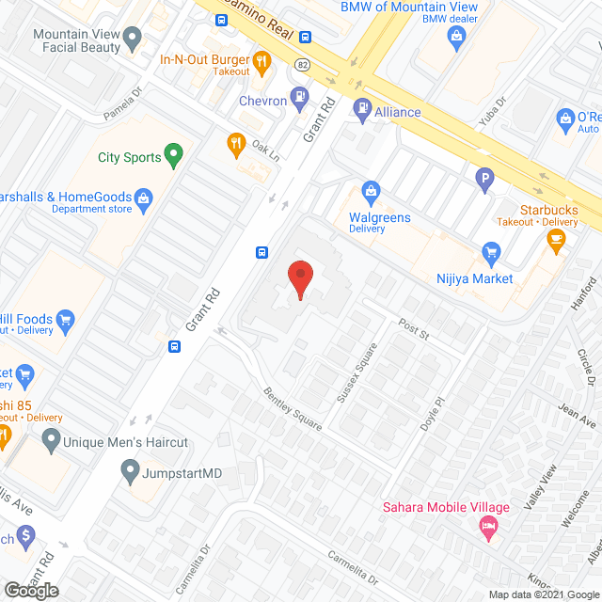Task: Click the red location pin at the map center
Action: pyautogui.click(x=300, y=279)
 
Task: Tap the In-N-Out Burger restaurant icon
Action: pyautogui.click(x=262, y=63)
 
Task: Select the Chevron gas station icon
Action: pyautogui.click(x=300, y=95)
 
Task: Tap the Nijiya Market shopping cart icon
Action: pyautogui.click(x=490, y=252)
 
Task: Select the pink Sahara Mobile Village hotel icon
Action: pyautogui.click(x=488, y=528)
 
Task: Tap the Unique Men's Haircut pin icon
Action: pyautogui.click(x=50, y=439)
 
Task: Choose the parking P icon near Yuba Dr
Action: pyautogui.click(x=484, y=177)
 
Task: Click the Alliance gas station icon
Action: pyautogui.click(x=363, y=111)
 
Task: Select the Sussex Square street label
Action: pyautogui.click(x=357, y=372)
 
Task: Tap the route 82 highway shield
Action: pyautogui.click(x=302, y=64)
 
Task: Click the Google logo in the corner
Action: pyautogui.click(x=30, y=590)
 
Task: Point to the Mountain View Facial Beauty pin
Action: pyautogui.click(x=133, y=39)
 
